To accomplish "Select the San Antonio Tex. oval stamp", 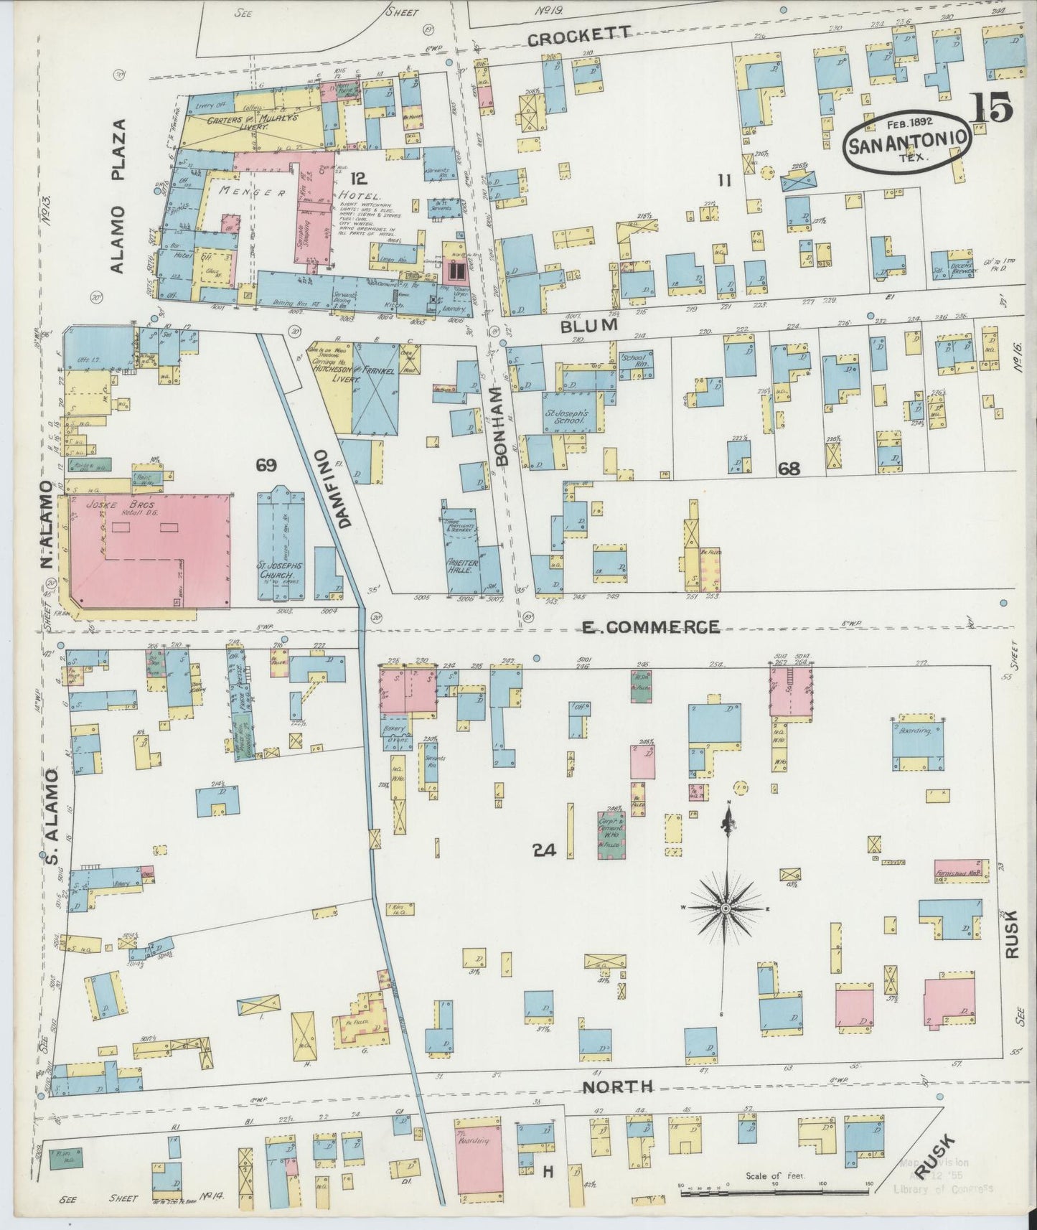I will coord(907,141).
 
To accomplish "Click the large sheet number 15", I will coord(992,108).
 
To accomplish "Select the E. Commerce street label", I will coord(650,627).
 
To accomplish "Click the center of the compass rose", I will coord(726,909).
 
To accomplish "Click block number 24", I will coord(545,850).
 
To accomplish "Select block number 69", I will coord(266,466).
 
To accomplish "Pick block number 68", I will coord(789,469).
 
